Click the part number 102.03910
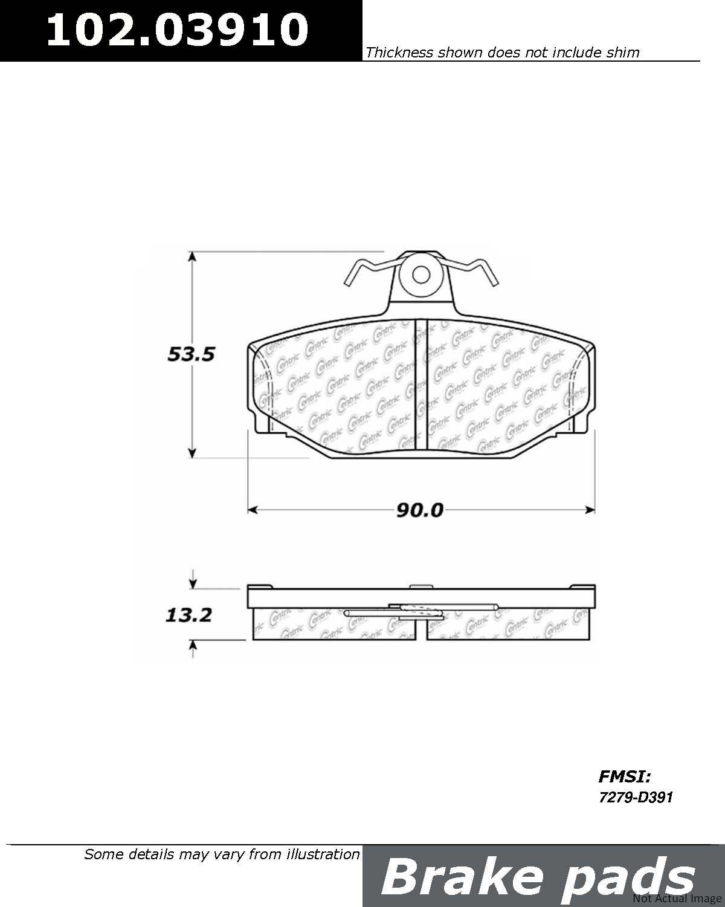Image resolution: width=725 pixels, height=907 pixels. coord(177,30)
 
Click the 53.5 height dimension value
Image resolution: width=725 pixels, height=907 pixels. coord(192,354)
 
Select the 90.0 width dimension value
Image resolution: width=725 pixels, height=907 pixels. coord(419,510)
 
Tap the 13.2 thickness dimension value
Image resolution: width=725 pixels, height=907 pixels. coord(188,615)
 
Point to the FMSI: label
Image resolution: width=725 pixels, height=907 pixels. coord(625,776)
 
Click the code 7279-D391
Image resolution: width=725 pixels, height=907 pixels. coord(636,797)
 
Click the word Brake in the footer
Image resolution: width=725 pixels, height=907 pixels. coord(462,878)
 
